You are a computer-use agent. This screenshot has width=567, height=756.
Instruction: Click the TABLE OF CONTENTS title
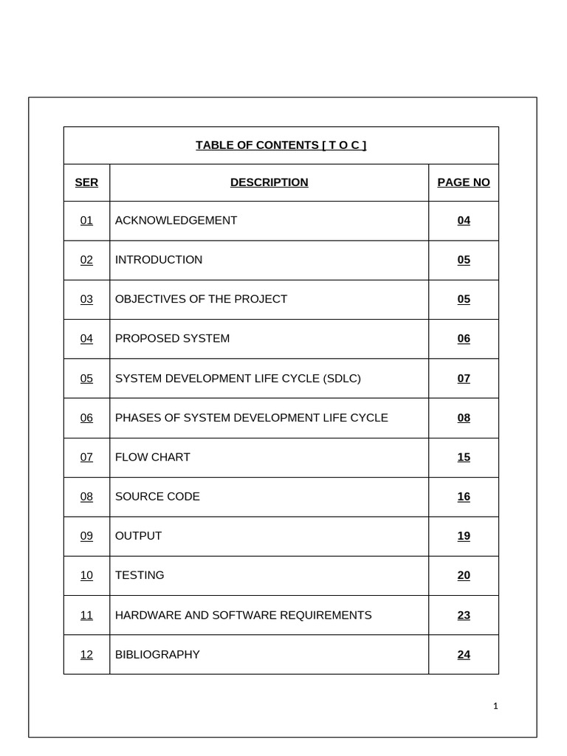pyautogui.click(x=281, y=145)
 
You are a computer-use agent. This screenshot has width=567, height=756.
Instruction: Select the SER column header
pyautogui.click(x=86, y=182)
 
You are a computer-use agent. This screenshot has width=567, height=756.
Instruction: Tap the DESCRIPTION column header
pyautogui.click(x=269, y=182)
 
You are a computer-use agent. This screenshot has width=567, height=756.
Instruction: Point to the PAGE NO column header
pyautogui.click(x=464, y=182)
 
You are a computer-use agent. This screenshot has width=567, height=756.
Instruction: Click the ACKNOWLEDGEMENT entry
pyautogui.click(x=176, y=220)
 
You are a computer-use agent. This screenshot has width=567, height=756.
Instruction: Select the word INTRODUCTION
pyautogui.click(x=159, y=260)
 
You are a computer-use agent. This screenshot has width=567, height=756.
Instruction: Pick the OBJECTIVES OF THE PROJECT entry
pyautogui.click(x=201, y=299)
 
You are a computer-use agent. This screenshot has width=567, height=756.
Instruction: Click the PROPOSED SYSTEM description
pyautogui.click(x=172, y=338)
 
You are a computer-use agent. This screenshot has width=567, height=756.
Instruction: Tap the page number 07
pyautogui.click(x=464, y=378)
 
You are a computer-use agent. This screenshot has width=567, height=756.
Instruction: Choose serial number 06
pyautogui.click(x=86, y=418)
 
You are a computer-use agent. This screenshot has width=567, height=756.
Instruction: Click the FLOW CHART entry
pyautogui.click(x=152, y=457)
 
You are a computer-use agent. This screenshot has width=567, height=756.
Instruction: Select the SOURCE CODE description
pyautogui.click(x=157, y=496)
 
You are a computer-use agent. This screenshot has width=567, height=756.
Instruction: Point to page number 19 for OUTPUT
pyautogui.click(x=464, y=536)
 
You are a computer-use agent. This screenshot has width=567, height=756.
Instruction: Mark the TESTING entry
pyautogui.click(x=140, y=575)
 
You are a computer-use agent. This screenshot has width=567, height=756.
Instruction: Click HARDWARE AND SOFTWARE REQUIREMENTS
pyautogui.click(x=243, y=615)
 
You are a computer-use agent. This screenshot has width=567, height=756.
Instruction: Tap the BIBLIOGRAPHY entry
pyautogui.click(x=157, y=654)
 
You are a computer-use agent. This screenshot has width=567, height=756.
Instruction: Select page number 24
pyautogui.click(x=464, y=654)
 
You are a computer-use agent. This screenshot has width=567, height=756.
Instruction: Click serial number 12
pyautogui.click(x=86, y=654)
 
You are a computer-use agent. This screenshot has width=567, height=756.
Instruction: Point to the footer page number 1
pyautogui.click(x=495, y=707)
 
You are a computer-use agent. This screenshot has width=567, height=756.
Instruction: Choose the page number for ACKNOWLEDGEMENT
pyautogui.click(x=464, y=220)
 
